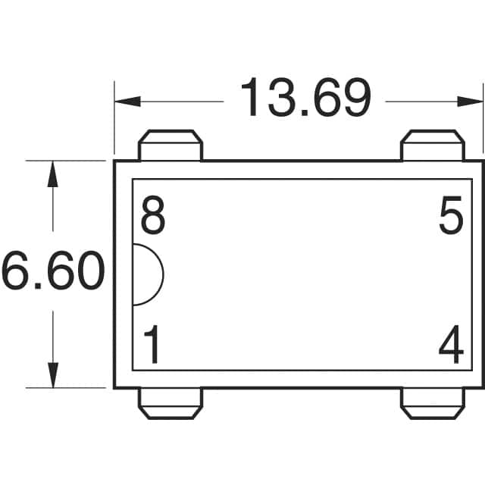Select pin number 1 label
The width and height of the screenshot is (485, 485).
pyautogui.click(x=152, y=347)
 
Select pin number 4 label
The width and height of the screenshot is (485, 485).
pyautogui.click(x=451, y=347)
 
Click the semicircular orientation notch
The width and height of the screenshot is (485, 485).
pyautogui.click(x=147, y=274)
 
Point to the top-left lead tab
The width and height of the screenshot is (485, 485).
pyautogui.click(x=171, y=145)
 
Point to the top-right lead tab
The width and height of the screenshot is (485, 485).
pyautogui.click(x=432, y=145)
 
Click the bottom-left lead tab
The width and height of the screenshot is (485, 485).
pyautogui.click(x=171, y=403)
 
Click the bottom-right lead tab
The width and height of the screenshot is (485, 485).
pyautogui.click(x=432, y=403)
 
